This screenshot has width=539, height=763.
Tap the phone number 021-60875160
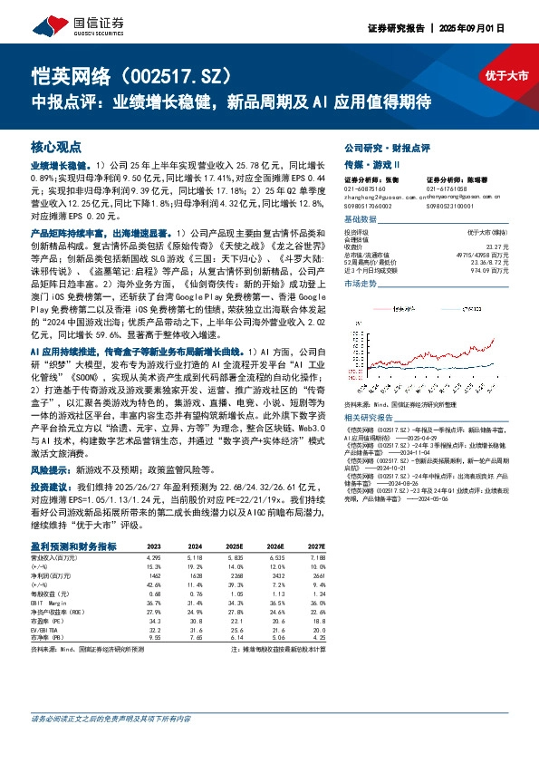click(x=367, y=188)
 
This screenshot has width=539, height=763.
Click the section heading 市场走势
click(x=362, y=284)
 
